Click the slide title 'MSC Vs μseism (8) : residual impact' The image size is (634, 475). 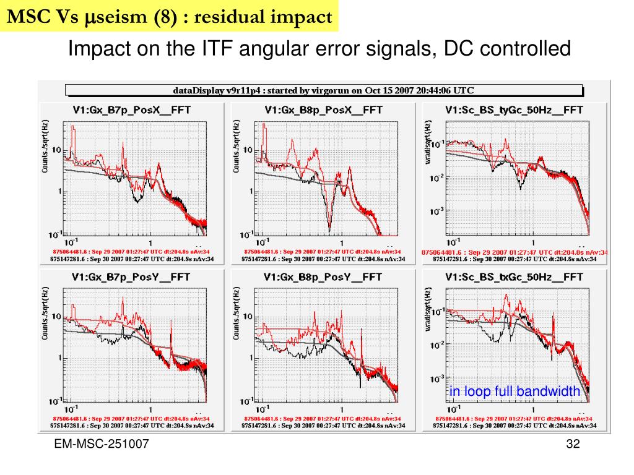pos(170,17)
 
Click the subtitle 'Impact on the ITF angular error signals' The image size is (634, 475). pos(319,48)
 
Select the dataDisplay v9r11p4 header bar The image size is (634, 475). pos(323,90)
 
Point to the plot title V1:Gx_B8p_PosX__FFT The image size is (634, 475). pos(323,109)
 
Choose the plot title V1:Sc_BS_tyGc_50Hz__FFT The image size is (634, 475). pos(514,109)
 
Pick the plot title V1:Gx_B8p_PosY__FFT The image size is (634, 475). pos(323,276)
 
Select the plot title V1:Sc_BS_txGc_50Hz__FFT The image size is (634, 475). pos(514,276)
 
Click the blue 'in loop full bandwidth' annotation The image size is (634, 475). pos(515,391)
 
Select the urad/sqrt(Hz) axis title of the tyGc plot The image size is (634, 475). pos(427,146)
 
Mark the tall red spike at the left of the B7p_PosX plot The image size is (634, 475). pos(73,133)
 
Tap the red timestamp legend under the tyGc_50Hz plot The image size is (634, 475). pos(514,252)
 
